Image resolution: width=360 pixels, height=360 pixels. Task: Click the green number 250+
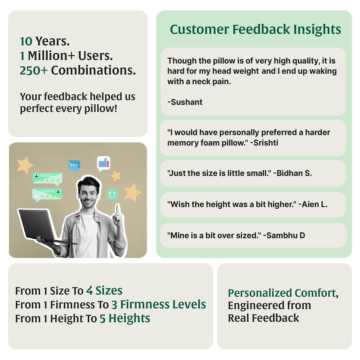34,70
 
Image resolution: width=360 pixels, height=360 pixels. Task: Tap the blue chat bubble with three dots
74,165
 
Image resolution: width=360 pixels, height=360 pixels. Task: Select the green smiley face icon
112,194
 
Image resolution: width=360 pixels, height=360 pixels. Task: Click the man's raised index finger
117,209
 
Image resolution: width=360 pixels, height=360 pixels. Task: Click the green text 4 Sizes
104,291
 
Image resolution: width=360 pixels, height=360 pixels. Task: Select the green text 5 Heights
125,318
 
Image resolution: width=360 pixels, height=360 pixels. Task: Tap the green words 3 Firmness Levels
159,304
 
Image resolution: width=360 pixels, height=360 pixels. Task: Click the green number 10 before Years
26,41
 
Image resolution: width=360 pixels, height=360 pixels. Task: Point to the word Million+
51,56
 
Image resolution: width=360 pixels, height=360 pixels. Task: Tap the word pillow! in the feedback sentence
101,109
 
